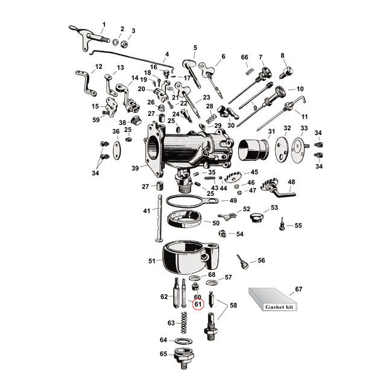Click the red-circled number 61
coord(198,305)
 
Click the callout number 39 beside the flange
coord(135,168)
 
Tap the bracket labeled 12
coord(86,83)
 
